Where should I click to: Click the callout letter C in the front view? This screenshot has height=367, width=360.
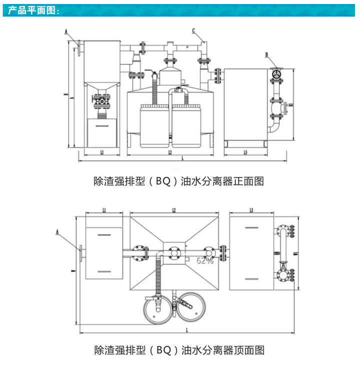(x=193, y=30)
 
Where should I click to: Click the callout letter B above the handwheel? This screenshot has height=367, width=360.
(x=267, y=54)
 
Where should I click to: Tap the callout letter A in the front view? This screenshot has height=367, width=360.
(x=66, y=30)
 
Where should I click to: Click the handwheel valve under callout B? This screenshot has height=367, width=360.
(x=275, y=74)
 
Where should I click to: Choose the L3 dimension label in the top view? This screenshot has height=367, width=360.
(x=251, y=210)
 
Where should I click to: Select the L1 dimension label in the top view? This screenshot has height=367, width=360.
(x=104, y=210)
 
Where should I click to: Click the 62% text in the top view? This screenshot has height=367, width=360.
(x=204, y=260)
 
